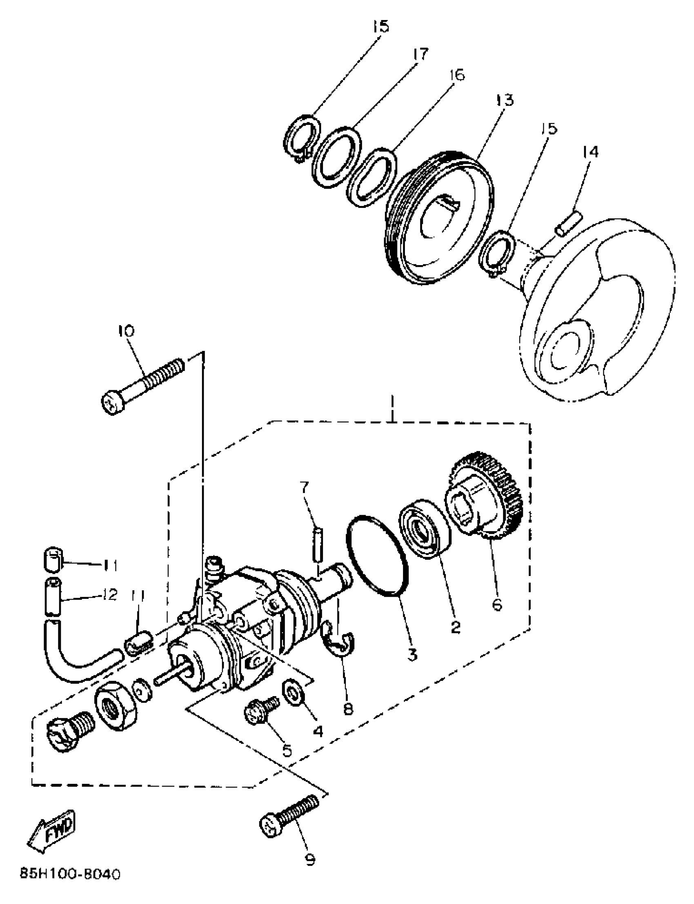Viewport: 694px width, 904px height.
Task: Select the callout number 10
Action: pyautogui.click(x=126, y=331)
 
